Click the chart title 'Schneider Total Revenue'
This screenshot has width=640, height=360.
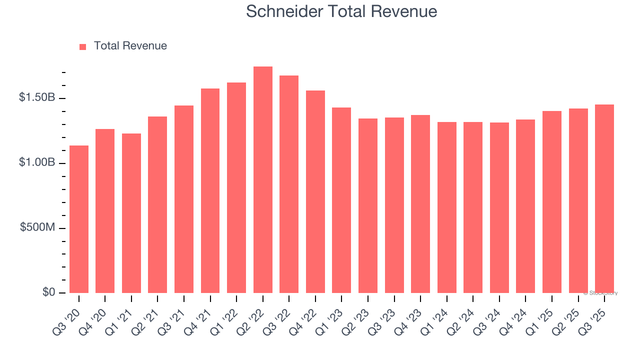pos(341,11)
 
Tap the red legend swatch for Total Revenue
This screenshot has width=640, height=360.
pos(83,46)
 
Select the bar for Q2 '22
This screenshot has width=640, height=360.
pos(263,180)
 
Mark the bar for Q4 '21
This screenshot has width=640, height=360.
pos(210,190)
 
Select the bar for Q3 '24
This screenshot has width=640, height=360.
pos(499,207)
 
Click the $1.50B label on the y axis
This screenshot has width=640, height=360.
pos(37,97)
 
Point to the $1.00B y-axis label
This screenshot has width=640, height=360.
pos(37,162)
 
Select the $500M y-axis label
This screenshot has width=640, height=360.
pos(38,227)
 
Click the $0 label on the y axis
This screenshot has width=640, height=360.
pos(48,292)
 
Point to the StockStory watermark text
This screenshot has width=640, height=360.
pos(600,293)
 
